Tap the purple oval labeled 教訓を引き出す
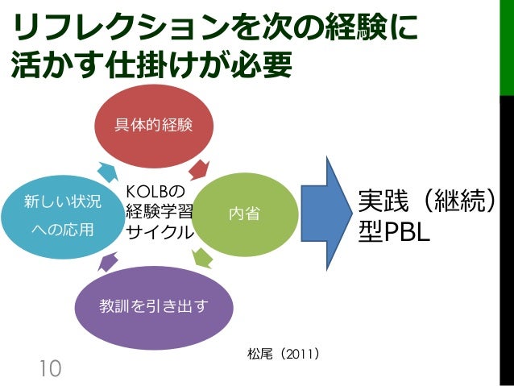pos(153,306)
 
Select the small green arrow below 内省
pos(202,258)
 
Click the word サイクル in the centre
pos(160,232)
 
